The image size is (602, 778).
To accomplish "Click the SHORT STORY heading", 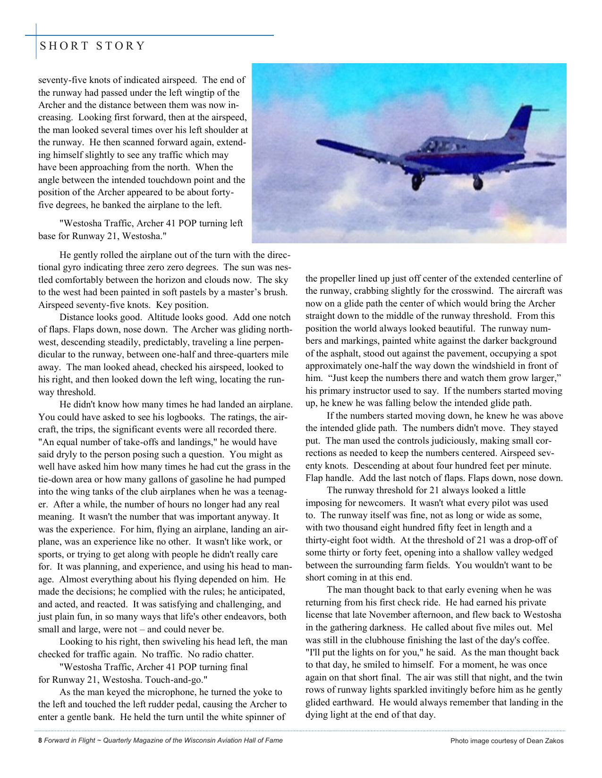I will (x=93, y=46).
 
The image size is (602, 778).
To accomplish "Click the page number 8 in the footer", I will (x=40, y=740).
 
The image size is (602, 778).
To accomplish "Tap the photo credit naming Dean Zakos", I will (x=507, y=741).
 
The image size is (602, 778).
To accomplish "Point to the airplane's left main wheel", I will (x=417, y=180).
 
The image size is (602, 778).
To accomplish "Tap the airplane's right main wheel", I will (x=478, y=181).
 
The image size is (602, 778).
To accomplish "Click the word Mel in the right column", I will (x=545, y=628).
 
